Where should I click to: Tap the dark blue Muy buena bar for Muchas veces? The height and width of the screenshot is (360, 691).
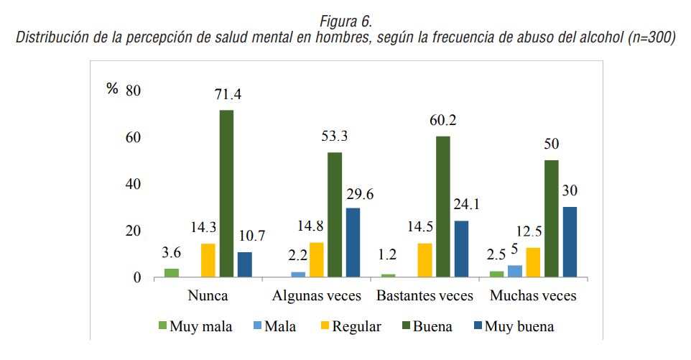[570, 241]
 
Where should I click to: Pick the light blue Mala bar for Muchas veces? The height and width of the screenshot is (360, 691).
[514, 271]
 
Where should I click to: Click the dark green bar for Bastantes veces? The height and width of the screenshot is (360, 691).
[442, 206]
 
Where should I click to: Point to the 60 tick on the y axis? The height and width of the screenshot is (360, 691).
[134, 137]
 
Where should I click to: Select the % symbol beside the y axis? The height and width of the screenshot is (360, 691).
[111, 90]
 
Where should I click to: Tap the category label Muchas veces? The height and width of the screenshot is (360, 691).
[532, 296]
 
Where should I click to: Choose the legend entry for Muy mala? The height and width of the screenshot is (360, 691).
[195, 326]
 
